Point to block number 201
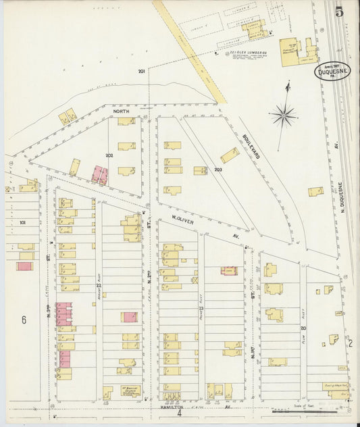click(142, 72)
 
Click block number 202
click(109, 156)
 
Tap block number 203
click(218, 170)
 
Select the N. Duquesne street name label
click(343, 197)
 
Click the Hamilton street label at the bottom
click(172, 407)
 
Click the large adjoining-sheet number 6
click(23, 320)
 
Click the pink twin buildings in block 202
click(100, 175)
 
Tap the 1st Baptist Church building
click(130, 391)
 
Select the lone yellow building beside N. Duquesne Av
click(315, 192)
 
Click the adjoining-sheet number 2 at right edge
click(350, 343)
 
